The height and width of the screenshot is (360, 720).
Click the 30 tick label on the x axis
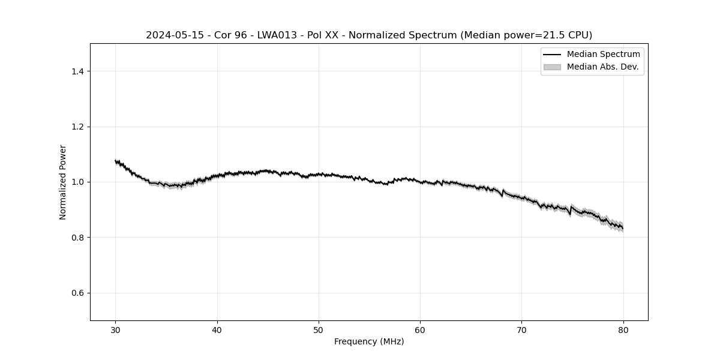click(116, 329)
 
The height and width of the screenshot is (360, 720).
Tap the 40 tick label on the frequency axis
click(217, 329)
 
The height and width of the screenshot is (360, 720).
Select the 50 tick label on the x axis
click(319, 329)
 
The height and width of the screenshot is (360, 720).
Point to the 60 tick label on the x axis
click(420, 329)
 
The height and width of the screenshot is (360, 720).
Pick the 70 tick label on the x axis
click(521, 329)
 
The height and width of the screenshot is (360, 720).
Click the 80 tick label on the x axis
click(623, 329)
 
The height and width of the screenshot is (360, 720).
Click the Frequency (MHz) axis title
click(369, 341)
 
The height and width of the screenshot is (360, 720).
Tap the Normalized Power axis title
click(63, 182)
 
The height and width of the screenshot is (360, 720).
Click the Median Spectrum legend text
click(603, 55)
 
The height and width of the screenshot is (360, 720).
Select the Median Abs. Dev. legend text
click(602, 67)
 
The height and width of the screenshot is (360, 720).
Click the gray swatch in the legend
click(552, 67)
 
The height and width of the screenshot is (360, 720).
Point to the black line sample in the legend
click(552, 55)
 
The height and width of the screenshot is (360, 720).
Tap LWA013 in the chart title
click(277, 35)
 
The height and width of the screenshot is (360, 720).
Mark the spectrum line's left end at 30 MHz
click(116, 161)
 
